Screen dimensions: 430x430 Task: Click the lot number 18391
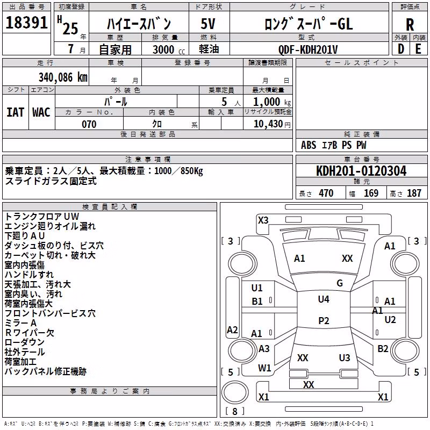26,23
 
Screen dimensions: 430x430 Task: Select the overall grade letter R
410,25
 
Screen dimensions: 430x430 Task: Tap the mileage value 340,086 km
63,77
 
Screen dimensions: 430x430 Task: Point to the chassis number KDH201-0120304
361,171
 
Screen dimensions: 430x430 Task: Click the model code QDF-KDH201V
308,49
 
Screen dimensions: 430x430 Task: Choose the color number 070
89,124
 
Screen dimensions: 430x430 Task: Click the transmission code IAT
15,112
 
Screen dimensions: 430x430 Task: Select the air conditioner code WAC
41,112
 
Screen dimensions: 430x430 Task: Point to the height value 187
414,193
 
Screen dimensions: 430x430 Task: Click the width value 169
371,193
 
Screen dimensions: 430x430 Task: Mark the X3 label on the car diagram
263,220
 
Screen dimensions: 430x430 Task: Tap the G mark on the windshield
340,283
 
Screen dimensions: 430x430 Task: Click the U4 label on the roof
324,299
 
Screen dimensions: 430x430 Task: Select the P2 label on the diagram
324,320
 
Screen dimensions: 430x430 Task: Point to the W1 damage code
264,368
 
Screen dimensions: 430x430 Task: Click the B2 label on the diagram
383,349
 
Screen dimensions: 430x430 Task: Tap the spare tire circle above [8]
235,393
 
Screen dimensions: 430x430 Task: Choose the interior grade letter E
418,49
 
